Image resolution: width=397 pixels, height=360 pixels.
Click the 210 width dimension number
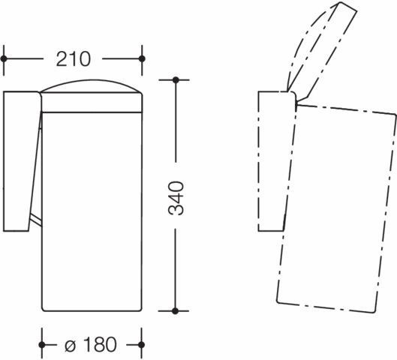74,59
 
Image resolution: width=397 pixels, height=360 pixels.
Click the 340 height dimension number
176,198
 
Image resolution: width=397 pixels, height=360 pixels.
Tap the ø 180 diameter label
91,344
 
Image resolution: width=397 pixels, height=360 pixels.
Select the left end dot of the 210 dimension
4,59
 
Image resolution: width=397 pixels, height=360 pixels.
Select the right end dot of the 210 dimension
142,59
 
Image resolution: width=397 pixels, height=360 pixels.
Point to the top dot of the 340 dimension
176,80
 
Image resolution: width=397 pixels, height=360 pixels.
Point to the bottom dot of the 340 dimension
175,310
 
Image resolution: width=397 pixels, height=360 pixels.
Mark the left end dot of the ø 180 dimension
42,345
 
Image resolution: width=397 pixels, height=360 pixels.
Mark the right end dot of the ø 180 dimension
142,345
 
